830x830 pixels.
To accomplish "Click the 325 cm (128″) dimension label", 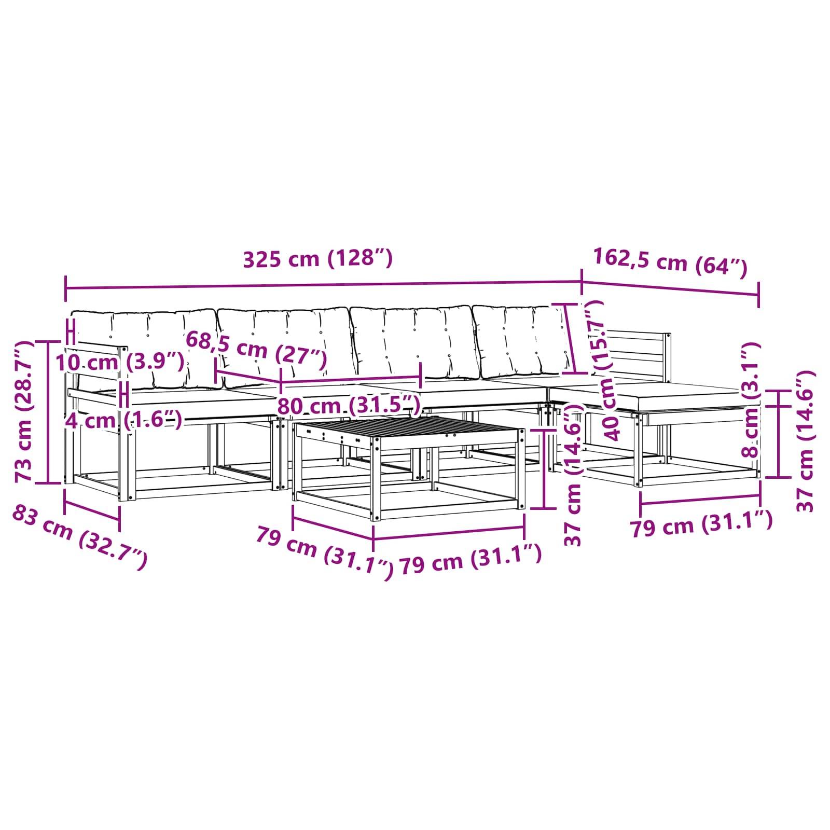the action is tap(318, 258).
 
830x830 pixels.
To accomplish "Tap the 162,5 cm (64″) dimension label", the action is tap(670, 261).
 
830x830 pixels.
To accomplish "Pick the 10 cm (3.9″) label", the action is tap(120, 362).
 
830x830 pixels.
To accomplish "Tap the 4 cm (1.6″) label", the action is tap(123, 420).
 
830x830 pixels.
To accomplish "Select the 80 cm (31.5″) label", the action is tap(348, 405).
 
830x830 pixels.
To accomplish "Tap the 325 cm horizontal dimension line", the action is tap(323, 285).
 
